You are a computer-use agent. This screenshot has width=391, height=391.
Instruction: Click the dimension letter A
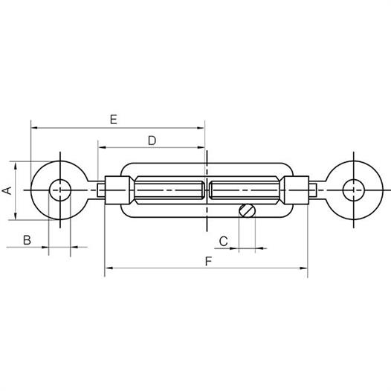click(7, 190)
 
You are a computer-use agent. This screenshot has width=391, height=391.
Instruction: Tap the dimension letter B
click(27, 240)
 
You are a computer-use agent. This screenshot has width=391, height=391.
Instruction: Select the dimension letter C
click(224, 241)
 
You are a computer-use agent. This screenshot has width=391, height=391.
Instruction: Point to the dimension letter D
click(152, 141)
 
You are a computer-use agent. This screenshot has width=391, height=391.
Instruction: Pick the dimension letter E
click(114, 120)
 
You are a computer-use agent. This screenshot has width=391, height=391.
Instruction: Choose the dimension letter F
click(208, 262)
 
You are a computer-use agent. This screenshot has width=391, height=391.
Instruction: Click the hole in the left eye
click(60, 190)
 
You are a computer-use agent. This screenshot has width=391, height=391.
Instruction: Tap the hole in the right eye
click(354, 190)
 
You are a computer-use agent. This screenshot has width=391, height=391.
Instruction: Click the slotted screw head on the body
click(247, 210)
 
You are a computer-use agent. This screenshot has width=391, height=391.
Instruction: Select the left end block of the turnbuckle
click(117, 190)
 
